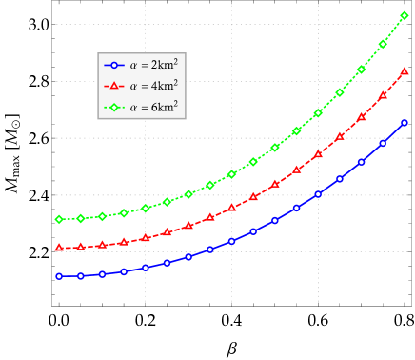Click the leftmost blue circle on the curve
[x=59, y=276]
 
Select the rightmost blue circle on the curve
[x=405, y=123]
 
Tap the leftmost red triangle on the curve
[x=59, y=248]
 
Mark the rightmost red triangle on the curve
[x=405, y=71]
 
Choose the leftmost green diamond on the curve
[x=59, y=219]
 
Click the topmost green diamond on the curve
[x=405, y=16]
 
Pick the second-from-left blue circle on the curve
[x=81, y=275]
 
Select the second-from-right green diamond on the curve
[x=383, y=44]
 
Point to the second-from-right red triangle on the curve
[x=383, y=95]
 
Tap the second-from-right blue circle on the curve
[x=383, y=143]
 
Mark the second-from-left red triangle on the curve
[x=81, y=247]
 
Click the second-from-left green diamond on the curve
[x=81, y=218]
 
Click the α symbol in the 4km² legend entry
[x=133, y=87]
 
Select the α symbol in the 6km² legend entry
[x=133, y=108]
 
